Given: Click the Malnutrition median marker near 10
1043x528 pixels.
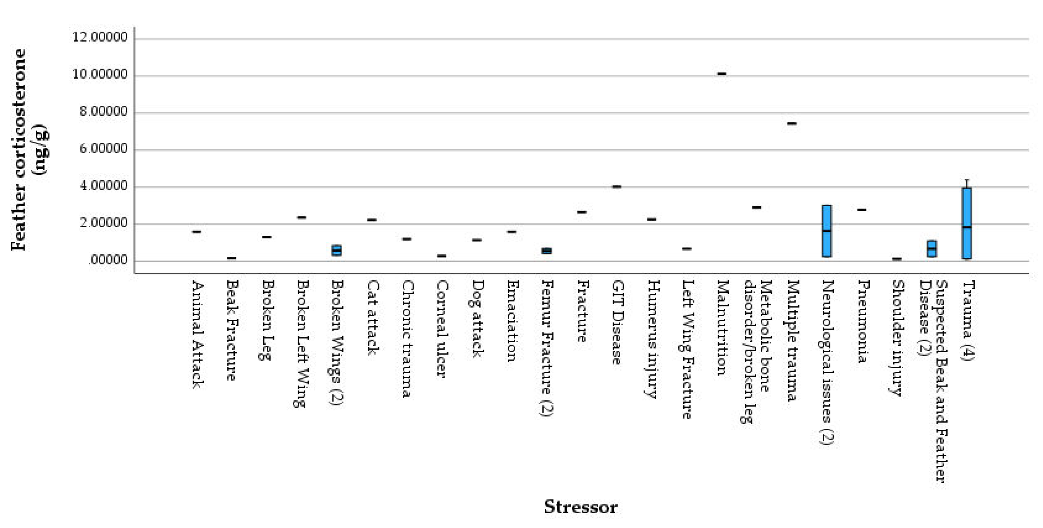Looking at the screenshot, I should click(721, 74).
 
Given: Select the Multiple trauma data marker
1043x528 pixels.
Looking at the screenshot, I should click(791, 123).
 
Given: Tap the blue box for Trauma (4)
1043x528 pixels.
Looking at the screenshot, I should click(967, 223).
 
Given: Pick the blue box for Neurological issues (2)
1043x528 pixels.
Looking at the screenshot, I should click(827, 231).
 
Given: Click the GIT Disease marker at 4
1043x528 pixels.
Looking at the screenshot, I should click(616, 187).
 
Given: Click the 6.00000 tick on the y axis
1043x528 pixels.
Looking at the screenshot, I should click(104, 149).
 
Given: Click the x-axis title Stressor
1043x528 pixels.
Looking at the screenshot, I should click(580, 507).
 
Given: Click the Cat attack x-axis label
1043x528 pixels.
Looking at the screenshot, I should click(372, 318).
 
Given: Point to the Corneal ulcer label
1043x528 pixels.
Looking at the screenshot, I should click(442, 329).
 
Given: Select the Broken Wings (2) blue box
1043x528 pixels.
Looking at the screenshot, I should click(336, 250).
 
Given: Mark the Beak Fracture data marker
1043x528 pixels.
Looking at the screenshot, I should click(232, 258).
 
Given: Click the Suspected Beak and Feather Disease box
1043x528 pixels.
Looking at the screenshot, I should click(932, 248).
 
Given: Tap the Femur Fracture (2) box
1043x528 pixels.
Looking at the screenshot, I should click(546, 251).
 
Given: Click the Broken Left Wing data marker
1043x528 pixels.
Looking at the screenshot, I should click(302, 217).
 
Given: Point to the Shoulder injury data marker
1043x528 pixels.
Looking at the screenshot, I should click(897, 259).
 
